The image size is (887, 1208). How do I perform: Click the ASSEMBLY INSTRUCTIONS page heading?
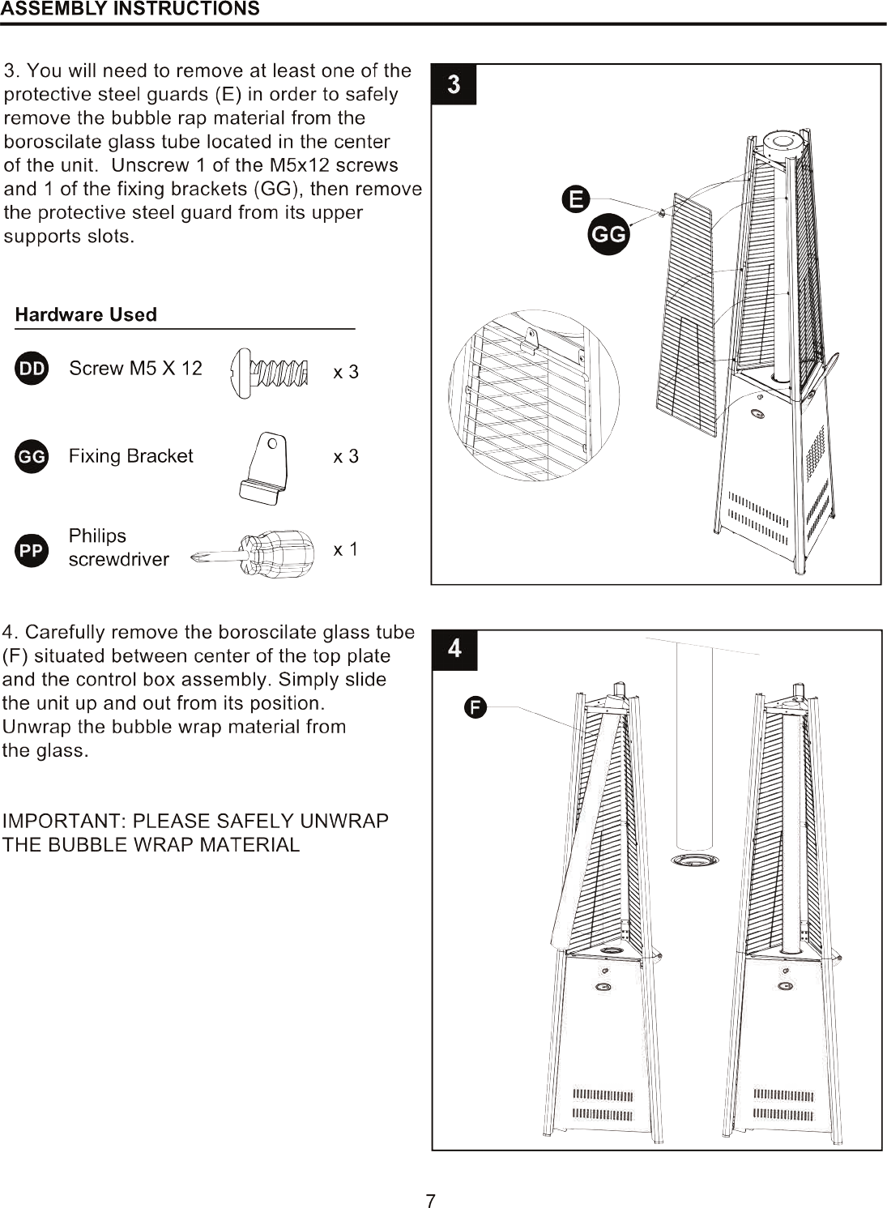[x=130, y=9]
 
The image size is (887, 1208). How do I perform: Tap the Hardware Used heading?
[x=86, y=314]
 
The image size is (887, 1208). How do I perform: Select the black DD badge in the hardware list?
[x=32, y=369]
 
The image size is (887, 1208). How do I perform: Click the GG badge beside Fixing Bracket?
[x=32, y=456]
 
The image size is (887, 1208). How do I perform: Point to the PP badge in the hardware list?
[x=32, y=550]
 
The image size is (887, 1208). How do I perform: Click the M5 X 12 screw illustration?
[x=268, y=373]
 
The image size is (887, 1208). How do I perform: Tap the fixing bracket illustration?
[x=264, y=468]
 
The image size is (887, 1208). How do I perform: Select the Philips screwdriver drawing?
[x=253, y=554]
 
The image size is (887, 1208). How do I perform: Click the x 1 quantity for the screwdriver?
[x=346, y=549]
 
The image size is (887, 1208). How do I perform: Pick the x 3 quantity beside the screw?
[x=346, y=372]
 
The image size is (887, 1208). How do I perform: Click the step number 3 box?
[x=454, y=85]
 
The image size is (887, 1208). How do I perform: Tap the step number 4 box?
[x=454, y=649]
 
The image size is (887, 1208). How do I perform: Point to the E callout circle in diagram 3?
[x=576, y=199]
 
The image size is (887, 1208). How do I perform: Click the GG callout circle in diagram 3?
[x=609, y=234]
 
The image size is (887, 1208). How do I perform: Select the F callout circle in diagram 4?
[x=475, y=707]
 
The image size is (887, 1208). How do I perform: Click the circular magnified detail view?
[x=534, y=395]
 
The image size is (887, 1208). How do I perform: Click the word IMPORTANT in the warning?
[x=64, y=821]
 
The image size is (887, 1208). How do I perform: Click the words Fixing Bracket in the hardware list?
[x=130, y=456]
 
